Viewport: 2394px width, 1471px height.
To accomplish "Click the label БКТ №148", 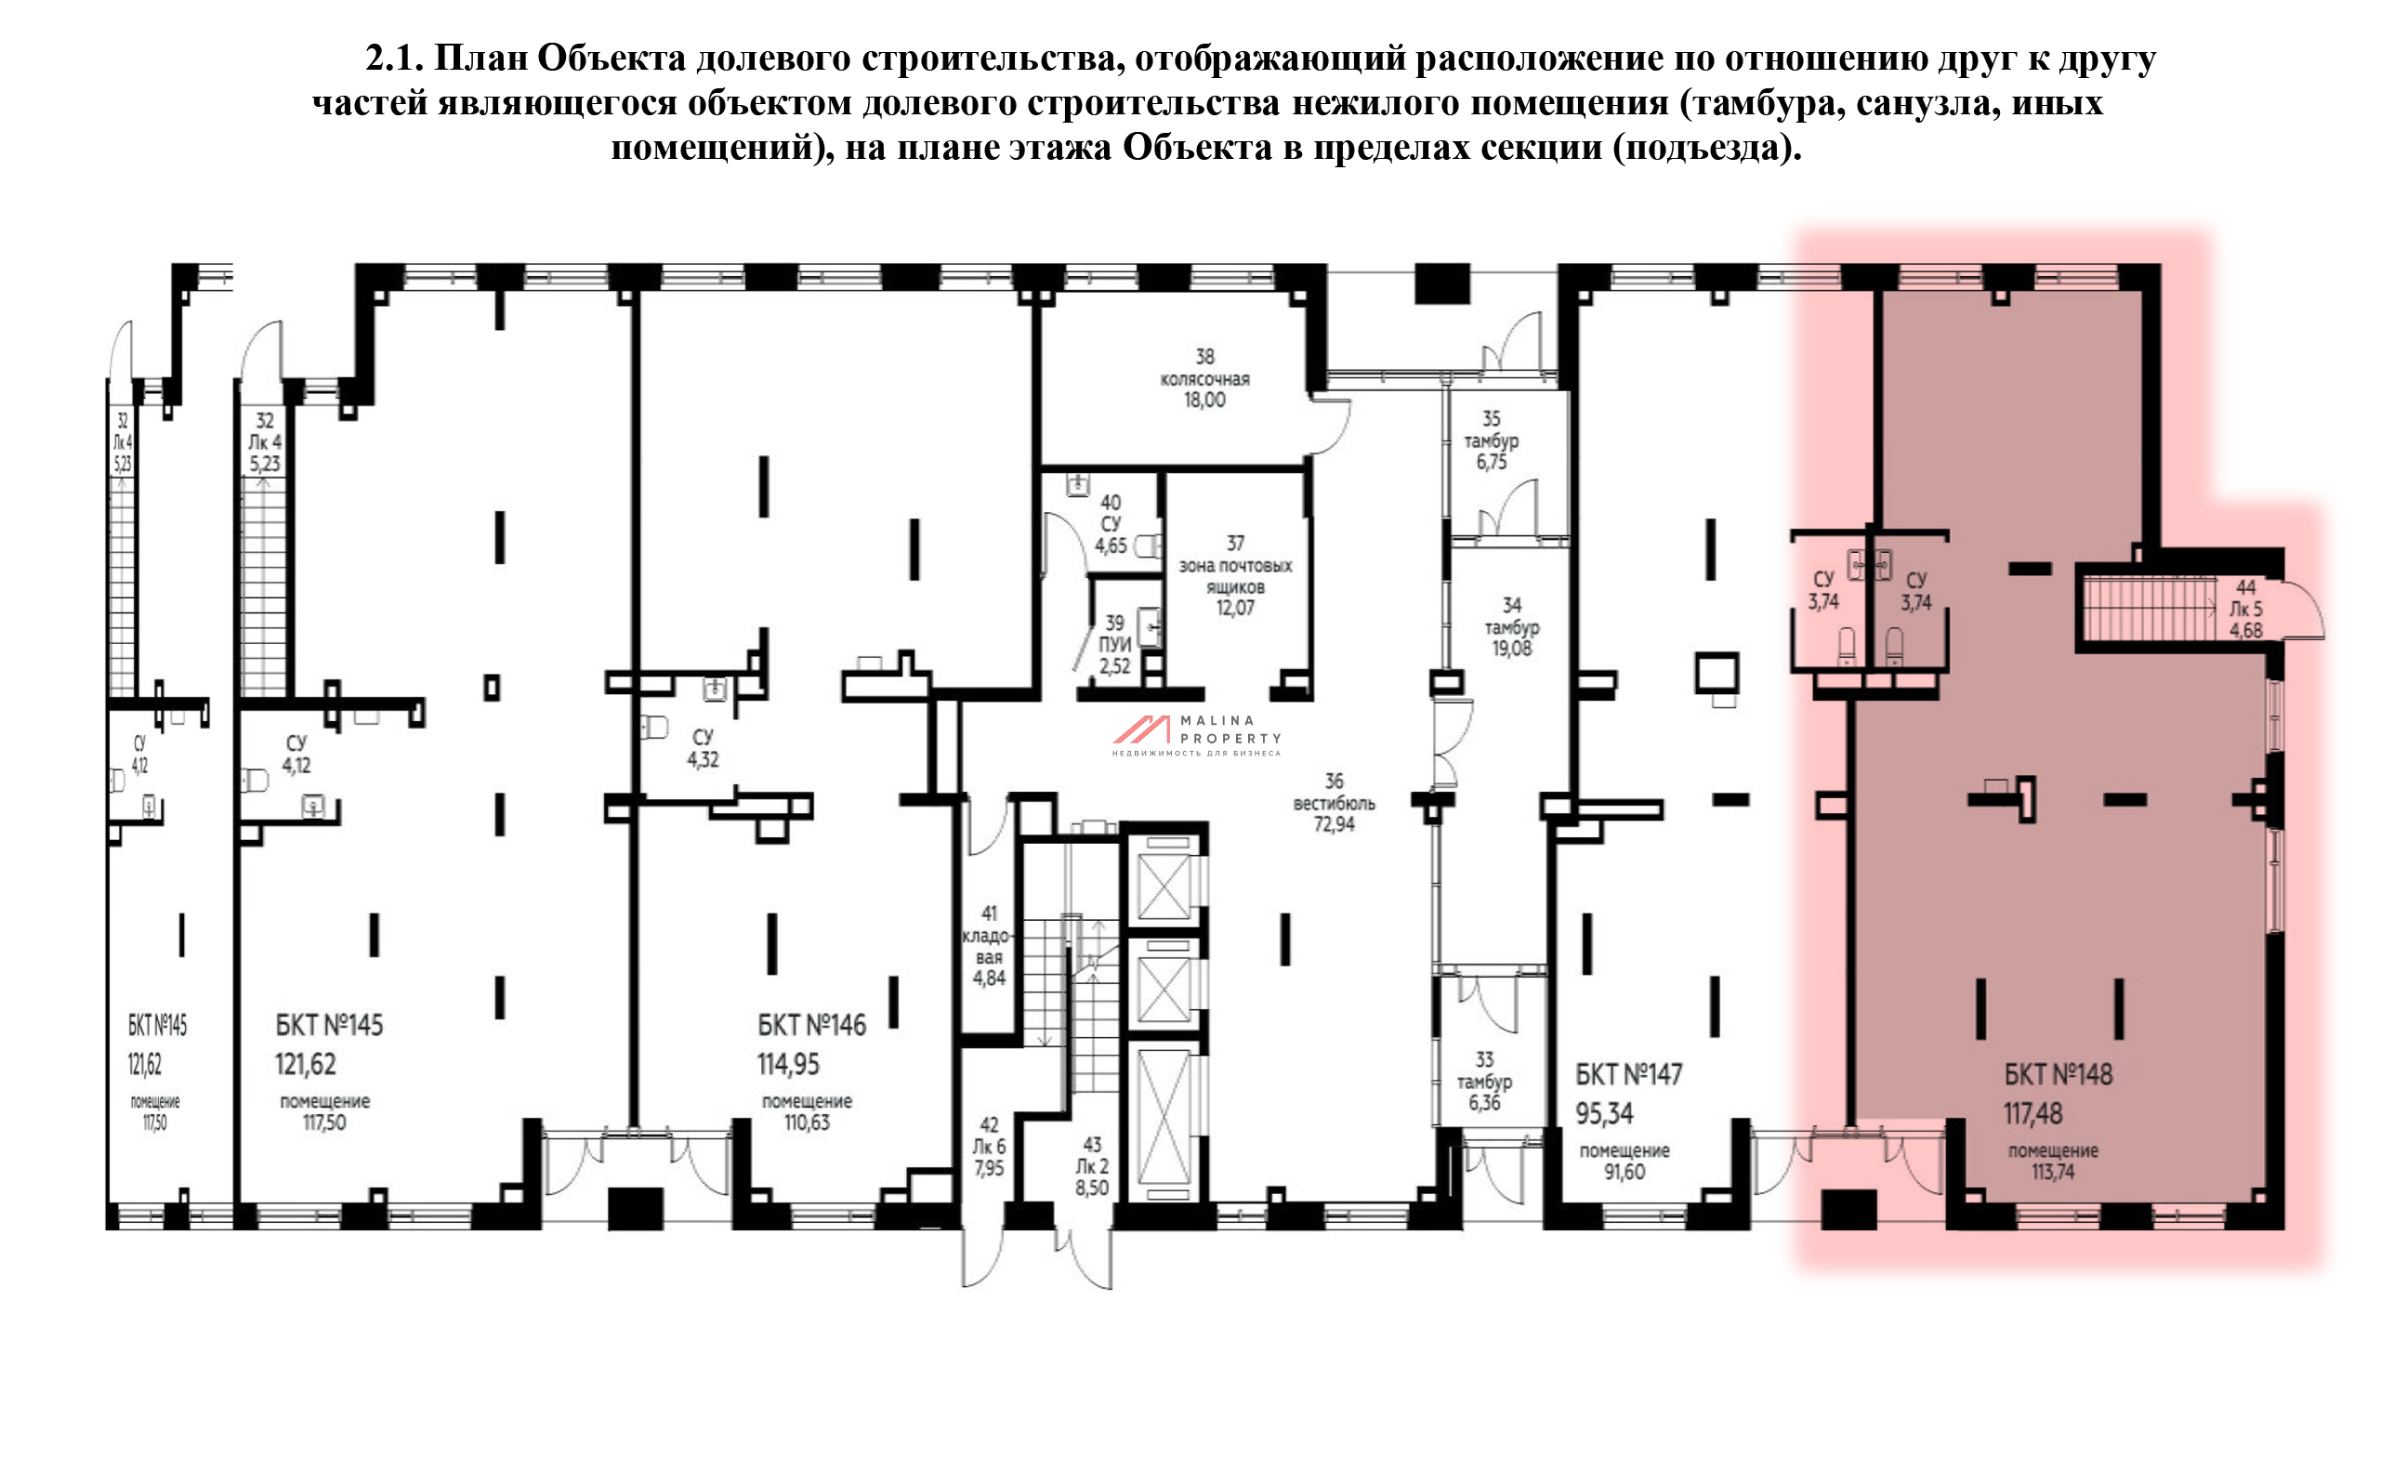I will click(x=2058, y=1075).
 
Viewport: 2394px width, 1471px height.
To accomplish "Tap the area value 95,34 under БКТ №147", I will click(x=1604, y=1113).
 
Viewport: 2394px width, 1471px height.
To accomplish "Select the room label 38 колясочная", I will click(x=1204, y=378).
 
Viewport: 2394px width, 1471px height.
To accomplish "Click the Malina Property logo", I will click(x=1196, y=736).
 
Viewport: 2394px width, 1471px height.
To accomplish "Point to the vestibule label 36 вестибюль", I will click(x=1334, y=803).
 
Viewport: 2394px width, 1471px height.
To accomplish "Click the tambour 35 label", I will click(x=1491, y=440).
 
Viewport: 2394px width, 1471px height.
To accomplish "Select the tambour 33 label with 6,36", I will click(x=1483, y=1081).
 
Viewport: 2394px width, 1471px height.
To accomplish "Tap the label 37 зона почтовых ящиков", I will click(x=1234, y=576).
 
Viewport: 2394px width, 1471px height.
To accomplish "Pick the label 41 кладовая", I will click(x=988, y=946).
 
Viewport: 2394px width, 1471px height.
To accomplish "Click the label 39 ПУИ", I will click(x=1115, y=644).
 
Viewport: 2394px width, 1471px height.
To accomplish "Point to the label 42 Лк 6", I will click(x=988, y=1146).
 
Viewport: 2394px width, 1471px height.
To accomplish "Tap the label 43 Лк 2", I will click(x=1091, y=1165).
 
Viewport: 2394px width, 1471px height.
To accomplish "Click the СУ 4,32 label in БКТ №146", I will click(x=703, y=748).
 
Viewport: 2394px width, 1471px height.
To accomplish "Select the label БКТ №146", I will click(x=811, y=1025).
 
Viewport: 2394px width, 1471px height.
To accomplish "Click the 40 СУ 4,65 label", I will click(x=1110, y=523).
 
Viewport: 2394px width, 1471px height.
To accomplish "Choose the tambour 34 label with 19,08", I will click(x=1511, y=626).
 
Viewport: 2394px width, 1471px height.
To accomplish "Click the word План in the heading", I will click(x=480, y=59).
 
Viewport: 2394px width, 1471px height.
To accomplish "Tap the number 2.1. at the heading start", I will click(x=394, y=59).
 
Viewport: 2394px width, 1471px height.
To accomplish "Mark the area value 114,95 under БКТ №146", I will click(x=788, y=1064).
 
